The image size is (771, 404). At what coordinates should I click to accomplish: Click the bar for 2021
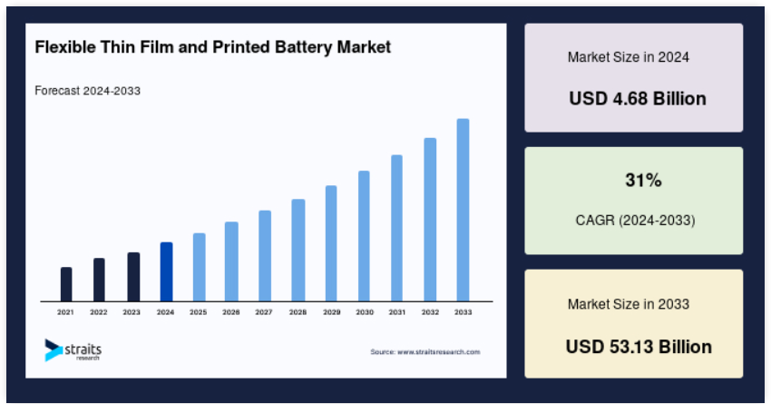66,284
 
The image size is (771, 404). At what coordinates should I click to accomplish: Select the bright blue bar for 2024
166,271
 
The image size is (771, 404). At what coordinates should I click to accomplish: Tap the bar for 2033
463,210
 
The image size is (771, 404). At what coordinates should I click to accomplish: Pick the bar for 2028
298,250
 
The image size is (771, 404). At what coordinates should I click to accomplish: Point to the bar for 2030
364,235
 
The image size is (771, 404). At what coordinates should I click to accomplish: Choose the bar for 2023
133,276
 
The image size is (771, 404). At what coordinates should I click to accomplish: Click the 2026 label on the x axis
231,312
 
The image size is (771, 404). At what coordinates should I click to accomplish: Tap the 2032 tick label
430,312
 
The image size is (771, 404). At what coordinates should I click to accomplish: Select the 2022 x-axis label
99,312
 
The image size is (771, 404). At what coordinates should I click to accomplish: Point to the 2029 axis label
331,312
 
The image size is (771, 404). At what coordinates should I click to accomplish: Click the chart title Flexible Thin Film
213,46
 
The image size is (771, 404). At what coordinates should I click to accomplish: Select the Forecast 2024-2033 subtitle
87,91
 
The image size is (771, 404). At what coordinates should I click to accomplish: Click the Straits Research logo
73,350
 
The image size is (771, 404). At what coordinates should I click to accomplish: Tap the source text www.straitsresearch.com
425,351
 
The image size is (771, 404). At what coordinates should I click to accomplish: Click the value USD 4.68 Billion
638,99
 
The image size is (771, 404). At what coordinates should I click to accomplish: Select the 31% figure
643,181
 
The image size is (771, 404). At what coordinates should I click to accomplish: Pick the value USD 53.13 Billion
639,347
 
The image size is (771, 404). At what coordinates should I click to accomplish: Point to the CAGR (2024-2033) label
635,221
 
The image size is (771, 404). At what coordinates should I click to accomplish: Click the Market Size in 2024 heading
629,56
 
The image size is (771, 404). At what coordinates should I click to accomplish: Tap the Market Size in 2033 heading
629,304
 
